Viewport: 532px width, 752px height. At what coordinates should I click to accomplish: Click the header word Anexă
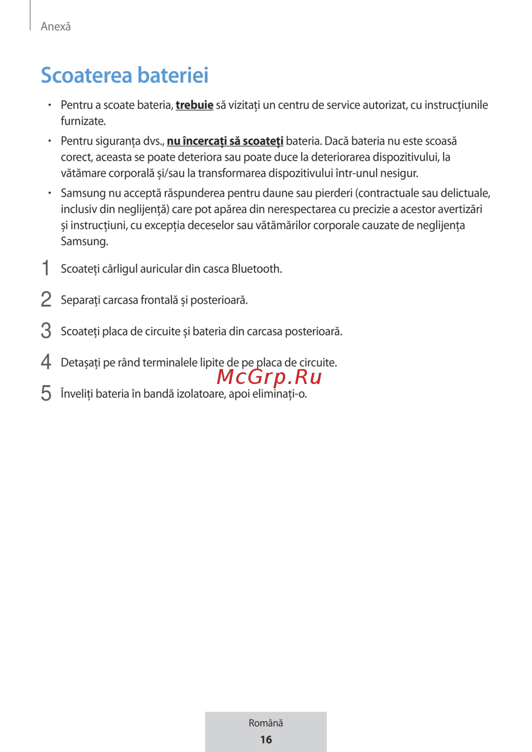(x=56, y=27)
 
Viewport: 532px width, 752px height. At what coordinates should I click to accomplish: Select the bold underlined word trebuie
(x=194, y=105)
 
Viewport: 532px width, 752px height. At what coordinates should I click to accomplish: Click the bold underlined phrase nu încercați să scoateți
(x=225, y=141)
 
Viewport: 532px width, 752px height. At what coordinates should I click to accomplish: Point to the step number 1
(x=46, y=268)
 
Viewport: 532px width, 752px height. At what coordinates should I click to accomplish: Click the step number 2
(x=46, y=299)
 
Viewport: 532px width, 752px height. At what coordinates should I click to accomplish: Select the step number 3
(x=46, y=331)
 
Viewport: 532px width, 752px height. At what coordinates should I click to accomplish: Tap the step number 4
(x=46, y=362)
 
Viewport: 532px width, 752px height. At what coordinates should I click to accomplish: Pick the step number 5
(x=46, y=394)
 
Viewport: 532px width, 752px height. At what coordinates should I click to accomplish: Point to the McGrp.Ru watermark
(x=269, y=377)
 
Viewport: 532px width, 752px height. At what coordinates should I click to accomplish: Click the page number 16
(x=266, y=739)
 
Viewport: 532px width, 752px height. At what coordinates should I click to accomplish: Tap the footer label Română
(x=266, y=723)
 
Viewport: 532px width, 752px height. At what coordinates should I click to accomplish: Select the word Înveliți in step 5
(x=77, y=394)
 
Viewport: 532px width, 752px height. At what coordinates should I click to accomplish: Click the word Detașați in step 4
(x=80, y=363)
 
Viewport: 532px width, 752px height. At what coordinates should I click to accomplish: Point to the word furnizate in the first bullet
(x=82, y=121)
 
